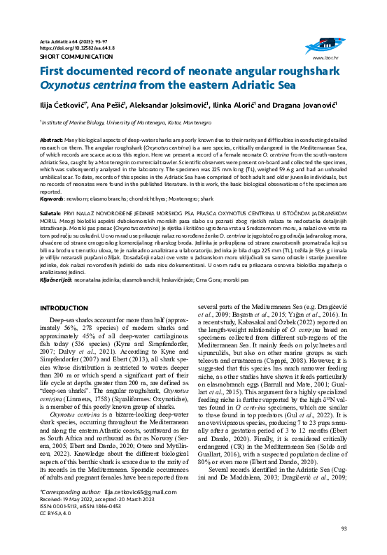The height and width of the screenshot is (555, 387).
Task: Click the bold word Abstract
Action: click(53, 140)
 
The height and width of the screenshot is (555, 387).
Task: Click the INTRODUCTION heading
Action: click(64, 308)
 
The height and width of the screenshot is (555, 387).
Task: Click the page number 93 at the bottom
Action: click(344, 547)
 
